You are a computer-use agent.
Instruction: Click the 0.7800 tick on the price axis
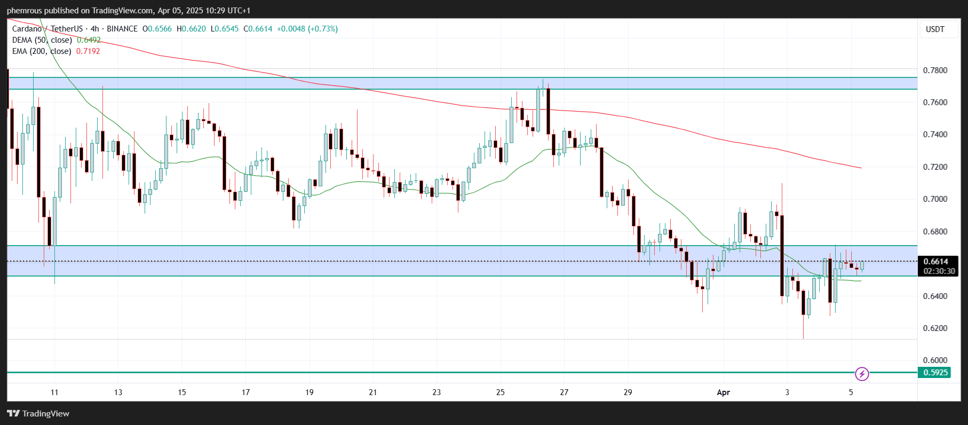point(935,70)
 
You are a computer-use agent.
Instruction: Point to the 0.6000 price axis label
point(935,360)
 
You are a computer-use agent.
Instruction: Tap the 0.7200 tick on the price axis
point(935,167)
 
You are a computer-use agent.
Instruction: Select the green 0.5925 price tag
point(935,373)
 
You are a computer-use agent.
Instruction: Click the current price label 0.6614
point(935,262)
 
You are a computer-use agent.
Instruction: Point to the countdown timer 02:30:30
point(939,271)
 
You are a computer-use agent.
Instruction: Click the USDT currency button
point(935,29)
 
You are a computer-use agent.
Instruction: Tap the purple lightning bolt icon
point(862,374)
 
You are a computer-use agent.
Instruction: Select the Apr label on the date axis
point(723,392)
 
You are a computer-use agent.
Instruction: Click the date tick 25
point(500,392)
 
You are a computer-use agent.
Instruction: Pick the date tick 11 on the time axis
point(54,392)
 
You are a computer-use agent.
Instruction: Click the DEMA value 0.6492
point(89,40)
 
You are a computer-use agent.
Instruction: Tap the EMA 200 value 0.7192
point(88,51)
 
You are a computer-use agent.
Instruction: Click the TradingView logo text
point(46,414)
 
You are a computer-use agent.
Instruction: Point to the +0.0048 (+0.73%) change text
point(307,29)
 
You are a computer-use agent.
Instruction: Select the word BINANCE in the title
point(122,29)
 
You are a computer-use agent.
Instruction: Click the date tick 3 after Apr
point(787,392)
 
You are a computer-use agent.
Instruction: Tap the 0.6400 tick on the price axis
point(935,296)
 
